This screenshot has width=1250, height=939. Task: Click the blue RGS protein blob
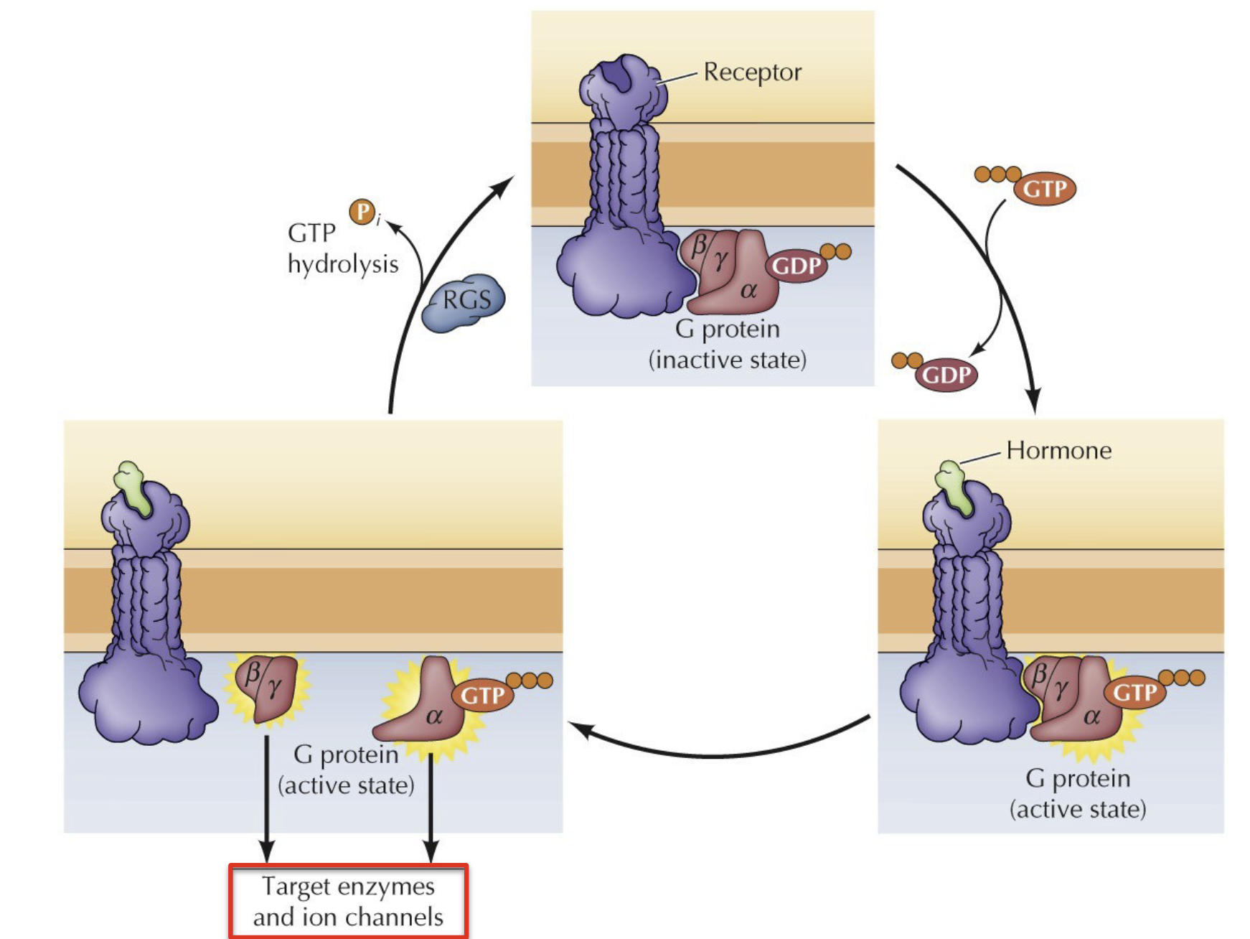(464, 302)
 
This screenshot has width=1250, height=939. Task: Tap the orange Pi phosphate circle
(363, 212)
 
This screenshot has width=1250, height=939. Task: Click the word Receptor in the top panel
(752, 72)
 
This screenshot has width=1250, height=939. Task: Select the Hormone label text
(1058, 450)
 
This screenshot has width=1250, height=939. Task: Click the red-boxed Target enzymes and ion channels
(348, 902)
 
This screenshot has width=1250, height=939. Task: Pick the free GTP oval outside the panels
(1044, 189)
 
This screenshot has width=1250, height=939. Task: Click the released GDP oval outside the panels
(946, 374)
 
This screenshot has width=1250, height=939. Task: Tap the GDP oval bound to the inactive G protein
(796, 266)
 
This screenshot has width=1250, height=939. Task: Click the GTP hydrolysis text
(342, 248)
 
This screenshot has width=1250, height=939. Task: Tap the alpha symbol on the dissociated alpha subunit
(434, 716)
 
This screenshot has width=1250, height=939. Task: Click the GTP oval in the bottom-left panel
(482, 695)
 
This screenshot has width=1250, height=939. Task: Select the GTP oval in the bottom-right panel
(1134, 692)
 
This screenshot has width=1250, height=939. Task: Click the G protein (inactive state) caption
(727, 344)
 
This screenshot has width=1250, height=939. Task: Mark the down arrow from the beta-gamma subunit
(266, 797)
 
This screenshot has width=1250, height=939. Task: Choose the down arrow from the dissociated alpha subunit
(431, 804)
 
